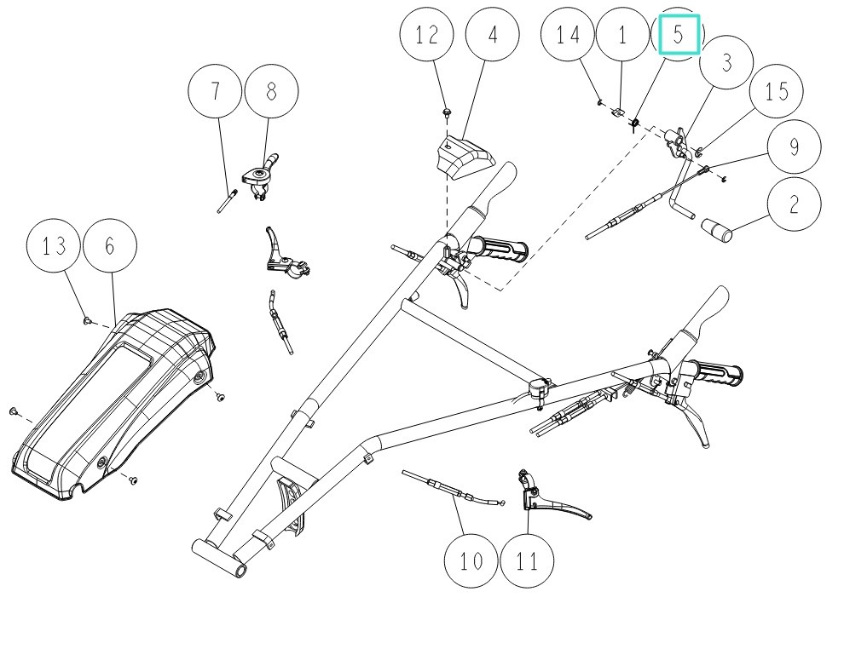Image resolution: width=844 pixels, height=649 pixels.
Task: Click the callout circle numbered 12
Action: [427, 35]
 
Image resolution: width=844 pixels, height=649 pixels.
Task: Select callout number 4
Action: [492, 35]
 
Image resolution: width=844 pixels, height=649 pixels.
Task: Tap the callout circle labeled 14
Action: [569, 35]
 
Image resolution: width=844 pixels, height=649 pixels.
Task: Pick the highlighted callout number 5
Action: [679, 35]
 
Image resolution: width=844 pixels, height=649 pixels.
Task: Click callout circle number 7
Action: [216, 90]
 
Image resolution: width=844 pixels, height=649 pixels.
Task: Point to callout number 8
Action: [272, 90]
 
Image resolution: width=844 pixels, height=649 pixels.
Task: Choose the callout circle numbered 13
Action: [54, 246]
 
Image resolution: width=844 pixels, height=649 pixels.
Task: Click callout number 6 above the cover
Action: [109, 246]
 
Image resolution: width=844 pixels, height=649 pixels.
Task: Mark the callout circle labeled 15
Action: [778, 90]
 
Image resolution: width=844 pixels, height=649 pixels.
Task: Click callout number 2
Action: [795, 204]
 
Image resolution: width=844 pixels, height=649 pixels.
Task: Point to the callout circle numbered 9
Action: [795, 146]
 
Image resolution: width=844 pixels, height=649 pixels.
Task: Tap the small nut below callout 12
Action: [446, 112]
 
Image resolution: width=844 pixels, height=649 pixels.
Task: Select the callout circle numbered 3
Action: [726, 64]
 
